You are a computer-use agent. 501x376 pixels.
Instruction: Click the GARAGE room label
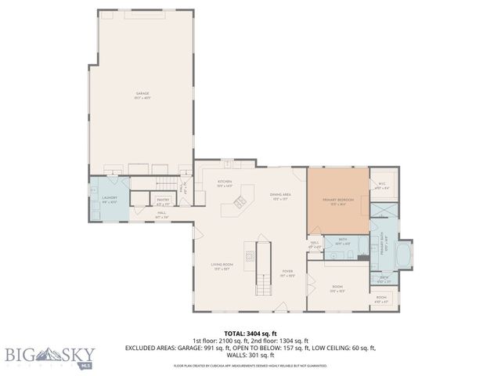point(142,95)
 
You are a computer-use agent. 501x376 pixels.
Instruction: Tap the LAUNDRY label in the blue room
point(109,199)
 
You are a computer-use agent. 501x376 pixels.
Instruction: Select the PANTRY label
point(163,201)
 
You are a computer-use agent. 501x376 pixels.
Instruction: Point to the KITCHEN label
point(225,183)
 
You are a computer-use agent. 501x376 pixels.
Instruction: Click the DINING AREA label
point(280,196)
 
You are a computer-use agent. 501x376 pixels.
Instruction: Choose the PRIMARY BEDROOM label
point(337,201)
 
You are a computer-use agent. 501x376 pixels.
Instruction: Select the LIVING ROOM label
point(222,266)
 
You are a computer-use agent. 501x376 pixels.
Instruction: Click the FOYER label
point(287,273)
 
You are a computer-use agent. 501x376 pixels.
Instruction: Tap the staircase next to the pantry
point(164,183)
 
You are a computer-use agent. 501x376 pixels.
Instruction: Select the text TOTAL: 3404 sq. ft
point(250,333)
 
